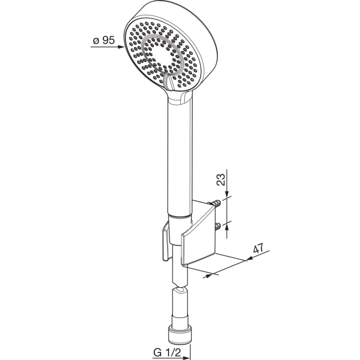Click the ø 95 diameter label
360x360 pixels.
[103, 40]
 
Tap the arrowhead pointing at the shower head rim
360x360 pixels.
[121, 47]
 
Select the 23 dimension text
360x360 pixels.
[221, 180]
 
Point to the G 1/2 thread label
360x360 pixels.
[167, 353]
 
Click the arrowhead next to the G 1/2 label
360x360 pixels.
[186, 358]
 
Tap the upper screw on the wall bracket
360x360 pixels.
[215, 203]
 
